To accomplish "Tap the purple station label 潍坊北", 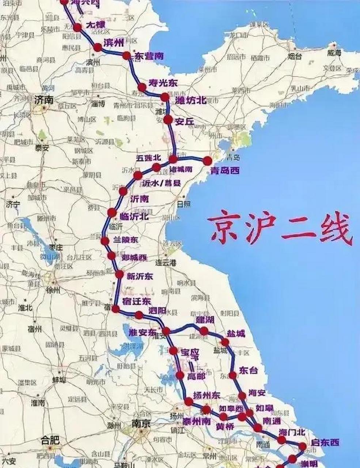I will pos(191,100).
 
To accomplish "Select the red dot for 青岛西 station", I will pos(207,161).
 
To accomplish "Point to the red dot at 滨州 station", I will pos(98,48).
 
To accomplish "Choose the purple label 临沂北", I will pos(134,216).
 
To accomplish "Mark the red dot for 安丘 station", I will pos(168,120).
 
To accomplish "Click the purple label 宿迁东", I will pos(137,301).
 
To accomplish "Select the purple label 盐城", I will pos(236,333).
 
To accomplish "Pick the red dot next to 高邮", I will pos(180,375).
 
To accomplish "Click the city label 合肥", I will pos(50,440).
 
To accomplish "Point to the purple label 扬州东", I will pos(206,395).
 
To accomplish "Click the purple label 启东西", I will pos(325,443).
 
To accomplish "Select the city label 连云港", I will pos(166,263).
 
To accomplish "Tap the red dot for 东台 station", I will pos(233,375).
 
